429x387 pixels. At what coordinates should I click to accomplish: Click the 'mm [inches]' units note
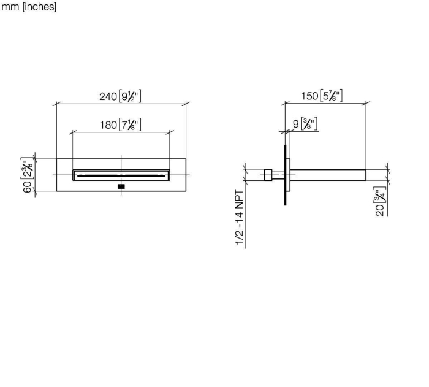pos(29,7)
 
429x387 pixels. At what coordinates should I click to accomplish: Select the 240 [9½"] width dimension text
pos(120,96)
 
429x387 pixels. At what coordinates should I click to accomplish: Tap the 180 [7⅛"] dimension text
pos(120,125)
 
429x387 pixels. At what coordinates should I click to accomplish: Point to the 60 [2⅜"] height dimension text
pos(28,175)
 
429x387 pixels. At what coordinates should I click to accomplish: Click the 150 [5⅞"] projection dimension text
pos(322,96)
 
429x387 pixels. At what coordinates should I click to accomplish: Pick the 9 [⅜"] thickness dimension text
pos(305,124)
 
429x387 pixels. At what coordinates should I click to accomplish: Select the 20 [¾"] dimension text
pos(381,201)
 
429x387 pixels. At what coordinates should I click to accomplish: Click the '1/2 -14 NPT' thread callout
pos(239,218)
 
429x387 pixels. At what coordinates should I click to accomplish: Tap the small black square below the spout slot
pos(121,186)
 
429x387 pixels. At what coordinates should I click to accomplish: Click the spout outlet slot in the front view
pos(121,175)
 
